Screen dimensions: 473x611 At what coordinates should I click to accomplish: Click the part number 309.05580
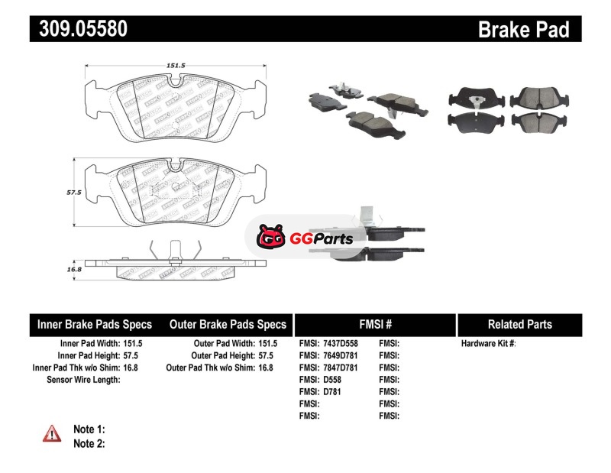[78, 29]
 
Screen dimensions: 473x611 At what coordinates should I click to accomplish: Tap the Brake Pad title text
[523, 29]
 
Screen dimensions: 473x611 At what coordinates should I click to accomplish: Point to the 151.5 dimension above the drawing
[176, 66]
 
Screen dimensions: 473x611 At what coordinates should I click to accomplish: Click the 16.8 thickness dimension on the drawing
[74, 269]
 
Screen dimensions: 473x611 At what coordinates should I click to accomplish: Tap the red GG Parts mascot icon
[269, 238]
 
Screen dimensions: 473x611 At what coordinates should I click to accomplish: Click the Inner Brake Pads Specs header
[95, 324]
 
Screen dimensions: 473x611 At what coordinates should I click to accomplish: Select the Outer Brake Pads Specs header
[228, 324]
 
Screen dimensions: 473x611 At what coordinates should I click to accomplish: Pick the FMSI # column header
[375, 324]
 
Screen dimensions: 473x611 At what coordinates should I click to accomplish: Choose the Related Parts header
[519, 324]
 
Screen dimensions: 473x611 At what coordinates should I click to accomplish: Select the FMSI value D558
[332, 379]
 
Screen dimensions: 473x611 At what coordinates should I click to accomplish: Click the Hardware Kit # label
[488, 344]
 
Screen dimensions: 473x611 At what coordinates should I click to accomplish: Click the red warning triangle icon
[51, 433]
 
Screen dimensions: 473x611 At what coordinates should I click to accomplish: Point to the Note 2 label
[89, 443]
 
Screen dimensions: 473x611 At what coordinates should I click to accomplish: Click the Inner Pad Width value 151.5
[131, 344]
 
